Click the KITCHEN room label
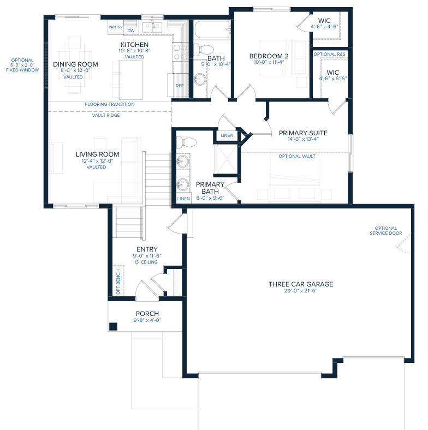(134, 44)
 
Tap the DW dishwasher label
(131, 31)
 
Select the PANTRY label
(116, 27)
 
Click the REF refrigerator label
(180, 86)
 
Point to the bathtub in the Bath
(212, 29)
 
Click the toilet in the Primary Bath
(186, 142)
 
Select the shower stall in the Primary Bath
(227, 159)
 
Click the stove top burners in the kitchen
(180, 52)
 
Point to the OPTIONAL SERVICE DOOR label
(386, 231)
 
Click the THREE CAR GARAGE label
(301, 284)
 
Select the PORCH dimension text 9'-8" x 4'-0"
(147, 320)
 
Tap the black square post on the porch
(114, 327)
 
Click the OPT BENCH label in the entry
(118, 282)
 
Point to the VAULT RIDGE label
(106, 115)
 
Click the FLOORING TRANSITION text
(110, 104)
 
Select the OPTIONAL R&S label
(330, 55)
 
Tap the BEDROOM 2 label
(269, 56)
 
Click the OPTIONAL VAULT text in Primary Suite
(297, 156)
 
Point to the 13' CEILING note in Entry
(146, 262)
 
